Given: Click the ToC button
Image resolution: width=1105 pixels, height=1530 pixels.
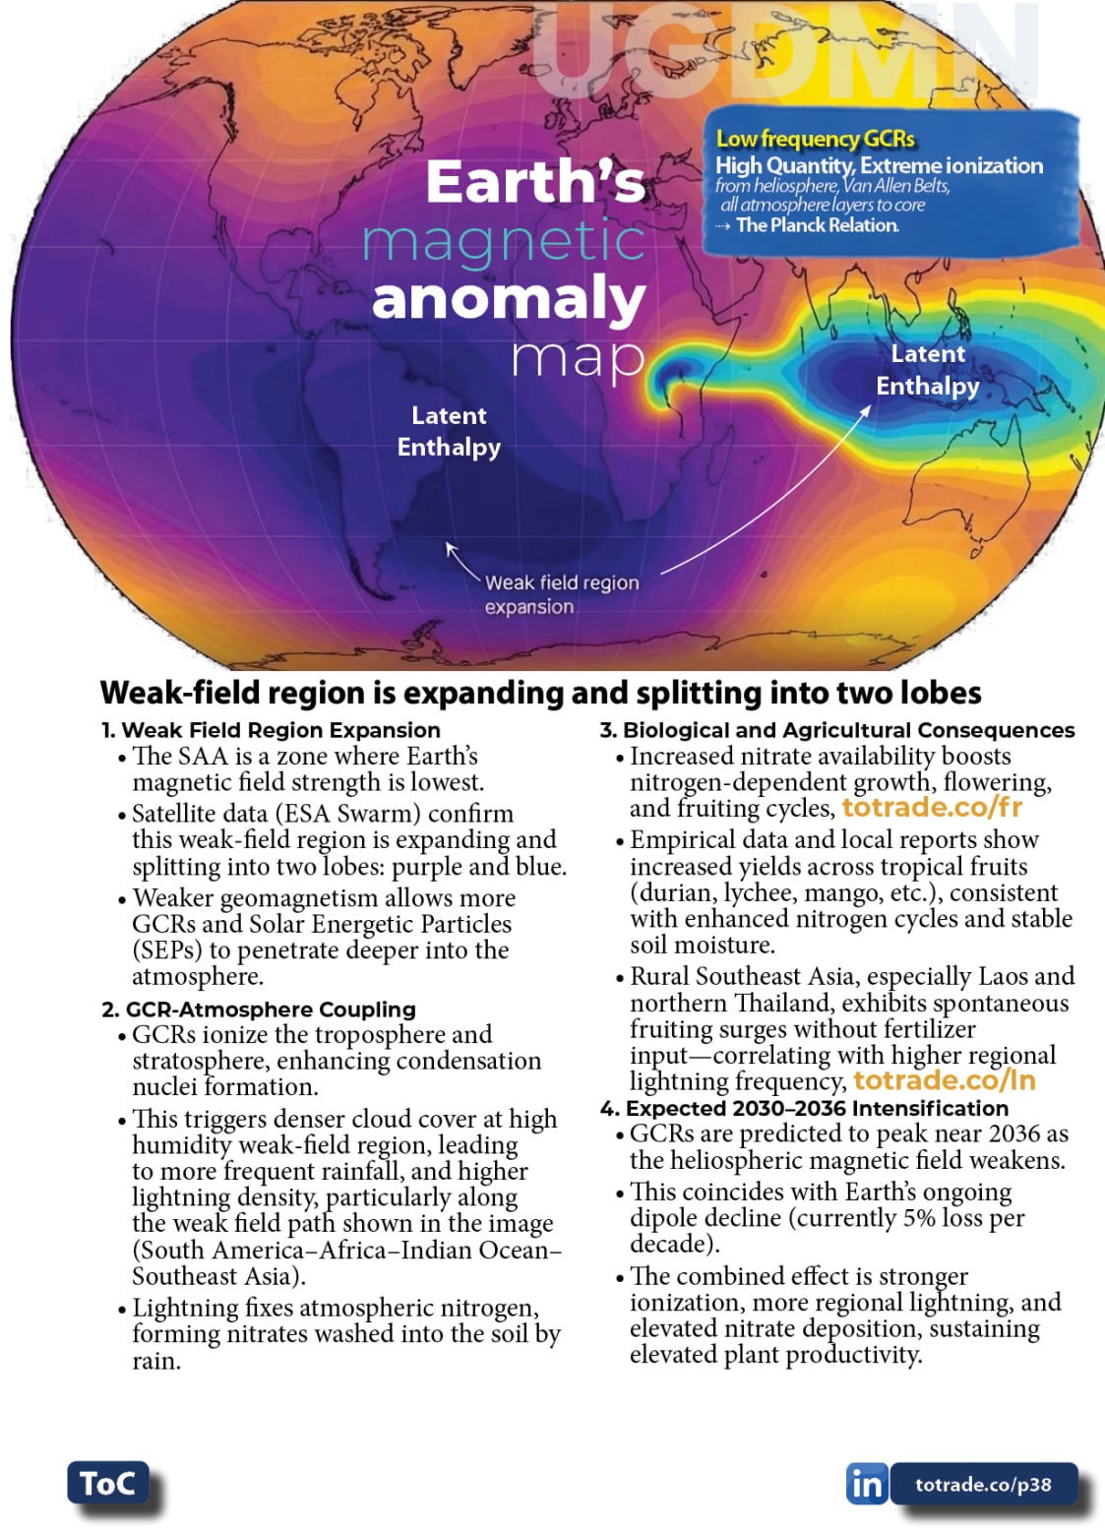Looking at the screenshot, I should [x=107, y=1483].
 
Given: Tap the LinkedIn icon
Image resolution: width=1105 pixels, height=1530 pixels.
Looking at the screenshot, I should [x=866, y=1484].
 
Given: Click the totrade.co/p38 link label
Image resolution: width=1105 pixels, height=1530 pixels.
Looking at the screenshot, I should [x=983, y=1485].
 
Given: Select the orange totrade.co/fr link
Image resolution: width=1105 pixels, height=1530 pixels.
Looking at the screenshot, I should [x=932, y=808].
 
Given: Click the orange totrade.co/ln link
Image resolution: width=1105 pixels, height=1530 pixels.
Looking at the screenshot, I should [x=944, y=1080].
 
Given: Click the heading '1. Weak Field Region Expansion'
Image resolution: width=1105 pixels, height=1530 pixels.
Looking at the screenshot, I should [x=271, y=730].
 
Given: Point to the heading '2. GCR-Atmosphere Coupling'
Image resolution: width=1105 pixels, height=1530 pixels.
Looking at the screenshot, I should [x=259, y=1010].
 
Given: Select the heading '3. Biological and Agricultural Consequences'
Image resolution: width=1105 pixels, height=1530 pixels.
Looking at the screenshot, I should [x=837, y=730].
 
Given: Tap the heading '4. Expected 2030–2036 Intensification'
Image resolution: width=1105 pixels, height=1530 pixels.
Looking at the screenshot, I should [x=804, y=1108].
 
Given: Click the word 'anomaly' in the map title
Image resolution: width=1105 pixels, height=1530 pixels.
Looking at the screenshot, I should [x=509, y=299].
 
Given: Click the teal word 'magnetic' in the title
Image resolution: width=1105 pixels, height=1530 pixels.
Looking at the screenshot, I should [x=504, y=241].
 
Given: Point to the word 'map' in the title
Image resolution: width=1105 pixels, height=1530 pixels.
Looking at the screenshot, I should [x=578, y=358].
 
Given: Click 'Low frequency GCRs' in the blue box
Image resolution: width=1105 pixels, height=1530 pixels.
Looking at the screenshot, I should [x=815, y=139].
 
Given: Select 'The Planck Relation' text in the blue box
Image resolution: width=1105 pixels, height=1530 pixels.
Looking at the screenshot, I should [x=817, y=225].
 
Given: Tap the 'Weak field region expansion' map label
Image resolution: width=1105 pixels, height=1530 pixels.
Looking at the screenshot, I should [x=561, y=594].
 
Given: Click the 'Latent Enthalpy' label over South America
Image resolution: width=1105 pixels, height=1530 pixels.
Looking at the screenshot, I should [x=449, y=431].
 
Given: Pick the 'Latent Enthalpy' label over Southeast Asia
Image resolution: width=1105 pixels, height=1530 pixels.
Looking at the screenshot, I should [x=928, y=369].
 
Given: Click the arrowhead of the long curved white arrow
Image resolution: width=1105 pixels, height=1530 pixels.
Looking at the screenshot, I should [x=866, y=409].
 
